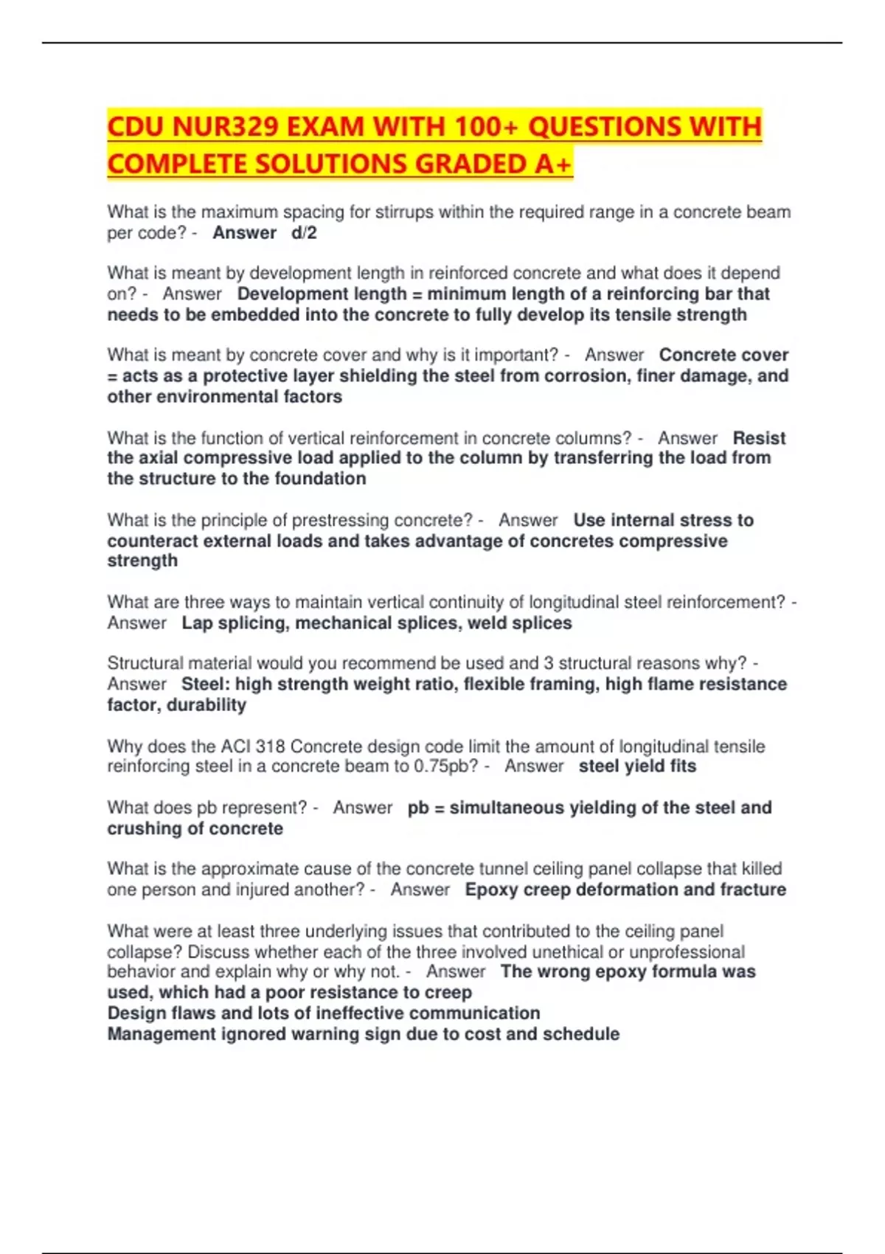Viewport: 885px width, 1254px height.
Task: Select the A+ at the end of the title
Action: pos(553,164)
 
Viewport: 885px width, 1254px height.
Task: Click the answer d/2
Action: pos(304,233)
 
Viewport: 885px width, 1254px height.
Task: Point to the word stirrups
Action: pos(404,212)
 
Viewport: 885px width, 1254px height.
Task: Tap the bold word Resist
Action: pos(759,438)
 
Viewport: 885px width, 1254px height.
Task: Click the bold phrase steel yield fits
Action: pos(637,766)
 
